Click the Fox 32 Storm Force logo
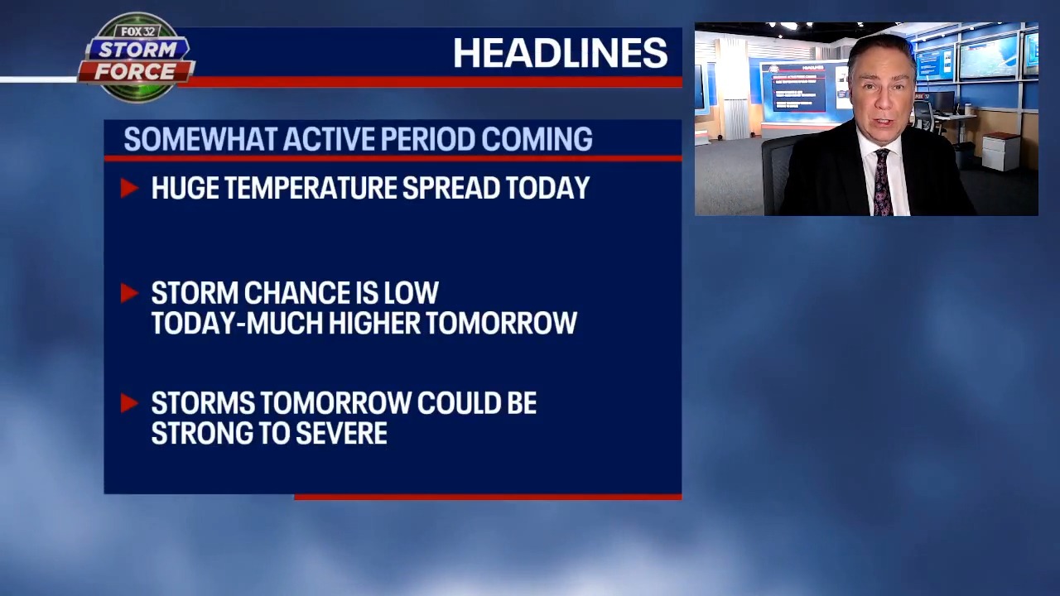(x=137, y=57)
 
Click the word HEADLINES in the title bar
(x=560, y=54)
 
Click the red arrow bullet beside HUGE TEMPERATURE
(x=129, y=188)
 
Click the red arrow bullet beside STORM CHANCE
(x=129, y=293)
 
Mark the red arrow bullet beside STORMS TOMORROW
(x=129, y=403)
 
